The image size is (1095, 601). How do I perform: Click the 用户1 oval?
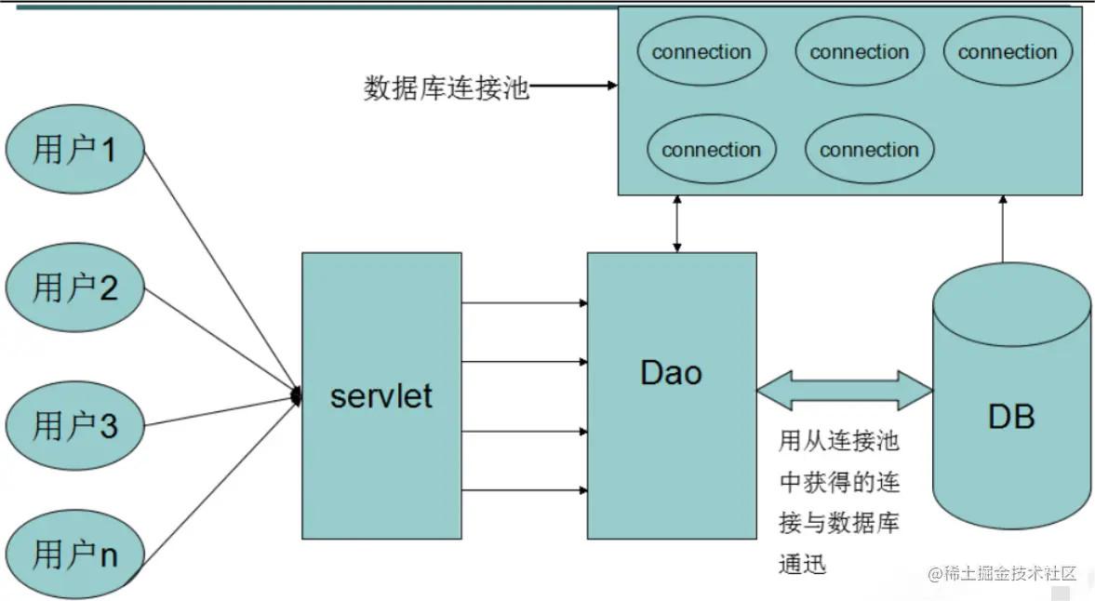(x=74, y=149)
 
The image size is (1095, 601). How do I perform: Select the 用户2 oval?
(x=74, y=287)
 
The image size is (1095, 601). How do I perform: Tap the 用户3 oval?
(x=74, y=426)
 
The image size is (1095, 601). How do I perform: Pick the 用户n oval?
(x=74, y=555)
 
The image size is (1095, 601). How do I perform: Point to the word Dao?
(x=671, y=373)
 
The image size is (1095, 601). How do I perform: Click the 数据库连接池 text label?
(x=446, y=88)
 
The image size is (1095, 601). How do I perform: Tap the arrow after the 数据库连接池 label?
(x=573, y=87)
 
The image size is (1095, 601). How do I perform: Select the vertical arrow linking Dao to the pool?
(x=677, y=224)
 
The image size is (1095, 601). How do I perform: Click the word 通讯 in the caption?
(x=802, y=565)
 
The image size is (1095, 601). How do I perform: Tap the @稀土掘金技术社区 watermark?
(x=1001, y=573)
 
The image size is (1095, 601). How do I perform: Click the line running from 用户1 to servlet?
(x=220, y=270)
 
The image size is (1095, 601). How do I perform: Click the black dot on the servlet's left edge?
(x=298, y=396)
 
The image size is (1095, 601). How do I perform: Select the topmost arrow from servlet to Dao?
(x=524, y=302)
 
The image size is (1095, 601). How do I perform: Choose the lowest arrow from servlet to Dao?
(x=524, y=489)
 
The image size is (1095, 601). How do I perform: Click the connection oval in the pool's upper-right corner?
(x=1008, y=52)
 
